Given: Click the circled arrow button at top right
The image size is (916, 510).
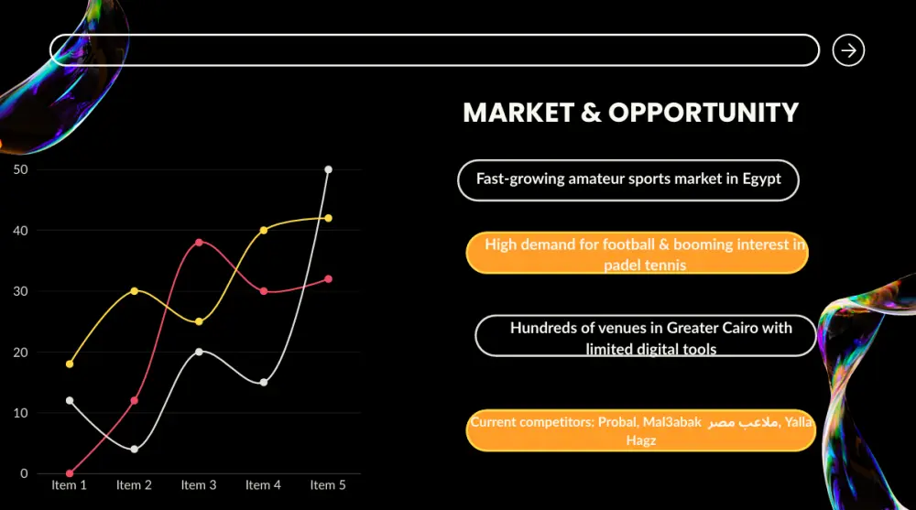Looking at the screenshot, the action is (x=848, y=50).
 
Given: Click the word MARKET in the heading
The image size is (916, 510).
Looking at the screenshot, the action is (x=518, y=113).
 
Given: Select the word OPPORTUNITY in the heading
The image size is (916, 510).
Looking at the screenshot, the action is (x=703, y=113).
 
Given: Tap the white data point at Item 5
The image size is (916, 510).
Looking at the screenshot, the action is (x=328, y=169).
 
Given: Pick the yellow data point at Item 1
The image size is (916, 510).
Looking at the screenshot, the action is (x=70, y=364).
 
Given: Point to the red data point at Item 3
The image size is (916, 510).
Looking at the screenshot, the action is (x=199, y=242).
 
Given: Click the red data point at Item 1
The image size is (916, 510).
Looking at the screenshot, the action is (x=70, y=473).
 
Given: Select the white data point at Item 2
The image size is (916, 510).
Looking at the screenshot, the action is (x=135, y=450).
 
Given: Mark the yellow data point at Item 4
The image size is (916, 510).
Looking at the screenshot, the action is (x=264, y=230).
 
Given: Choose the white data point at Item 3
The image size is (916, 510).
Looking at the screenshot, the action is (x=199, y=352).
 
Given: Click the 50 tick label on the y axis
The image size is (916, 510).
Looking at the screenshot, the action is (x=20, y=169).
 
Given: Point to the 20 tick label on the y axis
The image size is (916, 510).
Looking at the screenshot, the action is (x=20, y=353).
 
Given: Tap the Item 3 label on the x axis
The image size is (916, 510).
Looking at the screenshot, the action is (x=199, y=485).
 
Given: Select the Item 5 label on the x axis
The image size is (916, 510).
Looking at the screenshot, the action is (x=328, y=485).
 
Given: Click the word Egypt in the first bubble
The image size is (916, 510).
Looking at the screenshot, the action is (x=762, y=179).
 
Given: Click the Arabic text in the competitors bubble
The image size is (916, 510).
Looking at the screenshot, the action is (x=743, y=422).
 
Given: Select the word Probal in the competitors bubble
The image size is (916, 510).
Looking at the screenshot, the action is (x=617, y=422).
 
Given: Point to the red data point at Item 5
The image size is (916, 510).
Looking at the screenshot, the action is (x=328, y=278).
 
